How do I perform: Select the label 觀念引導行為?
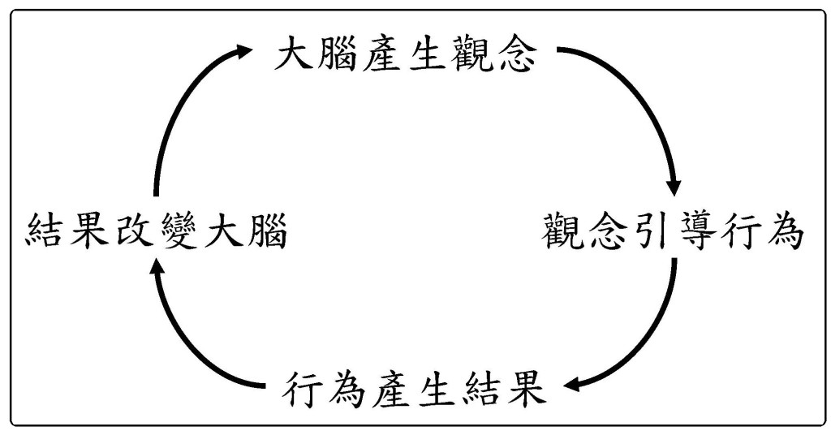tap(673, 233)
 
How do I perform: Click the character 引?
tap(651, 233)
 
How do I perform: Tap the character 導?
tap(695, 233)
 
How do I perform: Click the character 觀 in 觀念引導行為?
tap(563, 233)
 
